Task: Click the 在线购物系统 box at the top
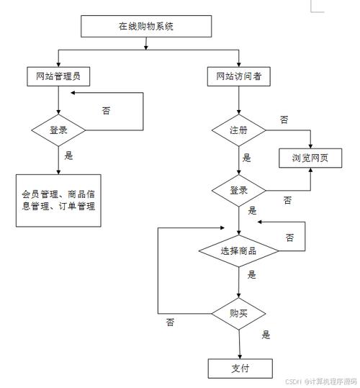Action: [146, 26]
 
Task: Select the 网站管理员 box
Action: [58, 76]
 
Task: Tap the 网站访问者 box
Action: [238, 76]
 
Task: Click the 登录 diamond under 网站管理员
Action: [58, 130]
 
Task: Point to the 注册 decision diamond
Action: [238, 130]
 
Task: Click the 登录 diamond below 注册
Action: [238, 191]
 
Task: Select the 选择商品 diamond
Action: [238, 251]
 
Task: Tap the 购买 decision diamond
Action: [238, 313]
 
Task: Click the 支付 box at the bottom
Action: [240, 369]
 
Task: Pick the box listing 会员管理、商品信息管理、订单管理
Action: [58, 199]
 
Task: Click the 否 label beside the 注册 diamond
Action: [284, 119]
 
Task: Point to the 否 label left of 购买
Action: [170, 322]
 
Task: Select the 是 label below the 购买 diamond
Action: [266, 335]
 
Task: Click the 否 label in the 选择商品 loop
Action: [289, 237]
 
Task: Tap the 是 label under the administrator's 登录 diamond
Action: [69, 155]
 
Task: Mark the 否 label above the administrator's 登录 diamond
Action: [106, 111]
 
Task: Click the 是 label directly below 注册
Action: [247, 158]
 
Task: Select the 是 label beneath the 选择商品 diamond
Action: [252, 275]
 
